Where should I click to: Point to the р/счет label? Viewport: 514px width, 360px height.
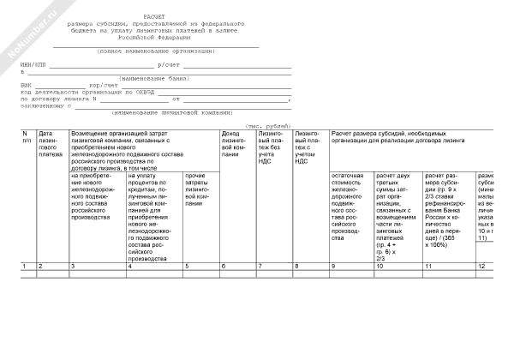pyautogui.click(x=167, y=65)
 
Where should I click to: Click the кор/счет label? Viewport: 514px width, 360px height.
pyautogui.click(x=102, y=86)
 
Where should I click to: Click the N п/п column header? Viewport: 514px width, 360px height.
pyautogui.click(x=26, y=137)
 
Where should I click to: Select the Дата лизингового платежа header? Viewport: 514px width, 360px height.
pyautogui.click(x=51, y=144)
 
